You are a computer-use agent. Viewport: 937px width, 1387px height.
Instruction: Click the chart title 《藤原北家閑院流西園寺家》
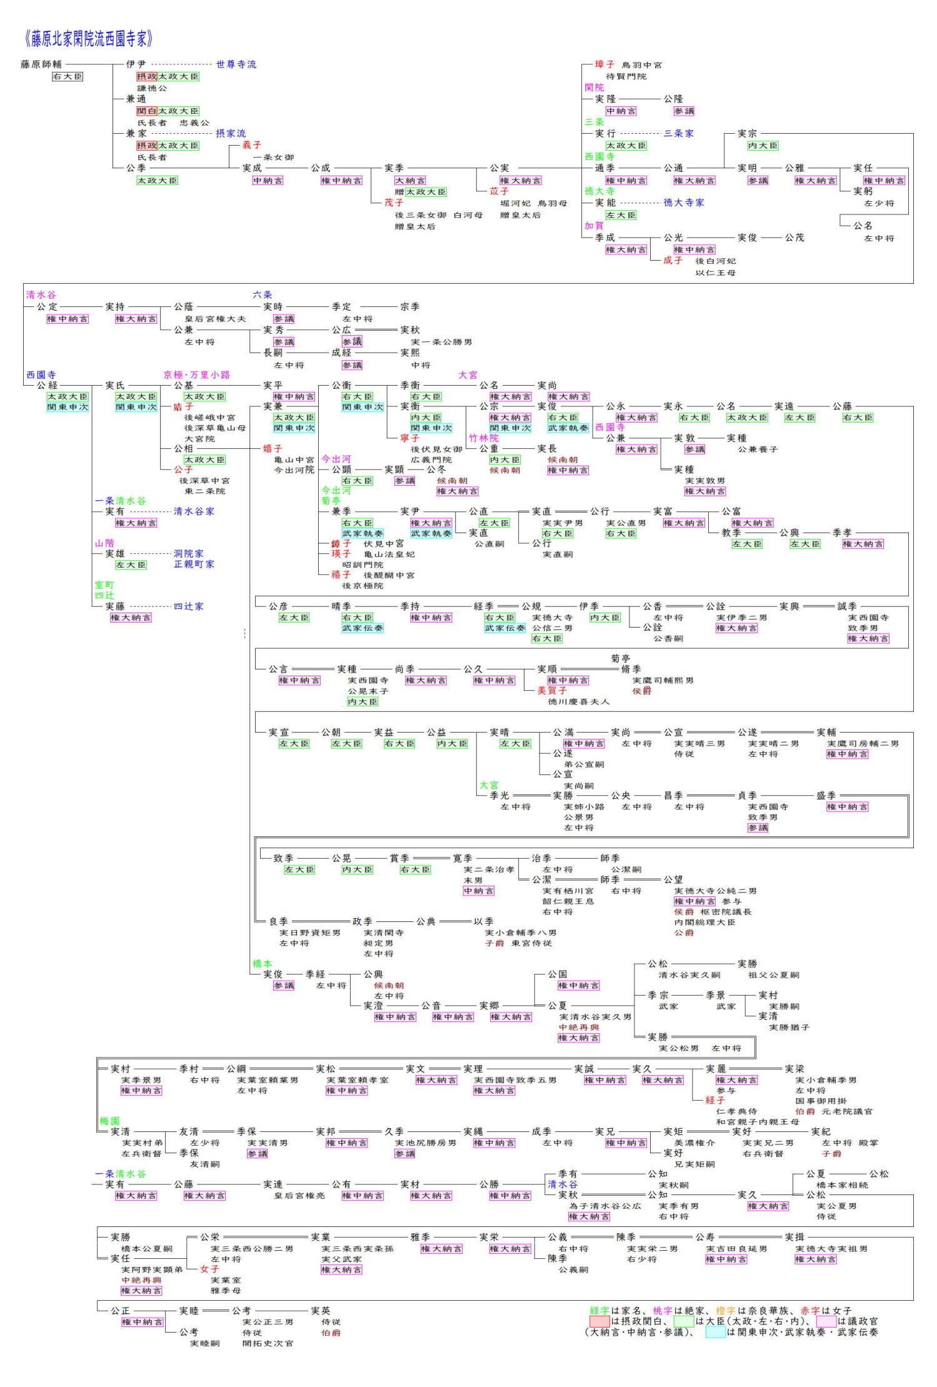click(88, 39)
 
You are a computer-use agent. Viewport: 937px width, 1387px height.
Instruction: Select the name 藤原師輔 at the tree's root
click(41, 64)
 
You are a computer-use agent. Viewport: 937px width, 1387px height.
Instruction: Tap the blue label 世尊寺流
click(236, 64)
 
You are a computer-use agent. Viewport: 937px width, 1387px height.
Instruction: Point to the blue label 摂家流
click(231, 133)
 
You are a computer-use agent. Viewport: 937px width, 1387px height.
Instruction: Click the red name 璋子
click(604, 64)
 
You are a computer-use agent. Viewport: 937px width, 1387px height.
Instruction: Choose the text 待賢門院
click(626, 76)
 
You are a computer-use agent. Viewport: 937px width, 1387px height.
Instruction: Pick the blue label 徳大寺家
click(684, 203)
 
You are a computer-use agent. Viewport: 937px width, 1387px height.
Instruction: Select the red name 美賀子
click(552, 691)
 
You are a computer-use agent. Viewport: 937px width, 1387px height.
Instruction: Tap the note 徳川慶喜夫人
click(578, 701)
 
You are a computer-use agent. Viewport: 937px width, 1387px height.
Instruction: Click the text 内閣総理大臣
click(704, 922)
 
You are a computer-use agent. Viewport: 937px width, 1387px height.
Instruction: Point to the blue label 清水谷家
click(194, 511)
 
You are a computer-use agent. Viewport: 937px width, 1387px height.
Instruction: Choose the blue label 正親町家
click(194, 564)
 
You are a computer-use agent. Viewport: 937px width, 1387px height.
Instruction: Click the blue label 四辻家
click(188, 606)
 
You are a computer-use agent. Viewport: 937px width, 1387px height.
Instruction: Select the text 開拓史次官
click(268, 1343)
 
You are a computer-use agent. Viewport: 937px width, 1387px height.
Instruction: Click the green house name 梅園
click(109, 1121)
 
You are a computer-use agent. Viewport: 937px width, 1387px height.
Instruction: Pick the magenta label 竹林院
click(484, 438)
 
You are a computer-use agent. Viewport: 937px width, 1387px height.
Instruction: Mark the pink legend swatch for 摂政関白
click(599, 1321)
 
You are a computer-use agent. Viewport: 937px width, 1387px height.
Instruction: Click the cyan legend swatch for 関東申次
click(715, 1332)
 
